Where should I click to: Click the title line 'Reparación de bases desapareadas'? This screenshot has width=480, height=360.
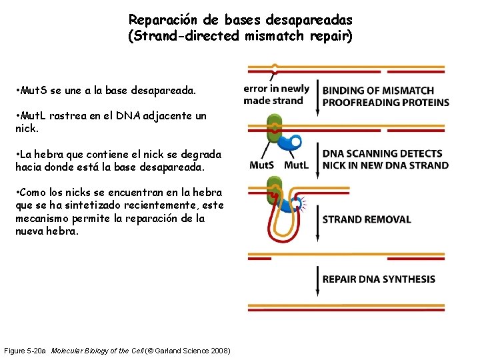click(240, 20)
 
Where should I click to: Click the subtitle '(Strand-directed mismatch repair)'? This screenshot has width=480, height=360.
click(240, 35)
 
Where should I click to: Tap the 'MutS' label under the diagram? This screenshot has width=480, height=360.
click(261, 165)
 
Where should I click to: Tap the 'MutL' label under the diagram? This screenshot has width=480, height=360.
click(297, 165)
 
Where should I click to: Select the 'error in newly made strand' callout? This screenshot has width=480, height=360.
click(276, 95)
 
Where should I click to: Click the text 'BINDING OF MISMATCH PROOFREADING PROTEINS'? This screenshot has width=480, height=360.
click(385, 97)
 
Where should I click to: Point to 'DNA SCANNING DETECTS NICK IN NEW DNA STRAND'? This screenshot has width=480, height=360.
click(385, 159)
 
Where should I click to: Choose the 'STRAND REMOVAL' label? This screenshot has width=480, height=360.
click(367, 219)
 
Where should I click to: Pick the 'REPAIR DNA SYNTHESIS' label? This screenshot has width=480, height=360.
click(379, 279)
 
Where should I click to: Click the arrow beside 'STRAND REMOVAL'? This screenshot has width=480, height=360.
click(316, 219)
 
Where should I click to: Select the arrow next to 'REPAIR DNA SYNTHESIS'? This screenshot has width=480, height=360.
click(316, 280)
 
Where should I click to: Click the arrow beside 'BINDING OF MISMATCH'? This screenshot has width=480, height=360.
click(316, 97)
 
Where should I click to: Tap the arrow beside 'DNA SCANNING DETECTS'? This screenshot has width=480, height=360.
click(316, 160)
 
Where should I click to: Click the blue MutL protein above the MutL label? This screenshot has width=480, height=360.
click(291, 143)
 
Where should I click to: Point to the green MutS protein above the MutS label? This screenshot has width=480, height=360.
click(273, 130)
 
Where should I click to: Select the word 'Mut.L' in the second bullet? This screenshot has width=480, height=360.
click(33, 116)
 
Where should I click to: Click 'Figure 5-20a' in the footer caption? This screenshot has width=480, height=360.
click(25, 351)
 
